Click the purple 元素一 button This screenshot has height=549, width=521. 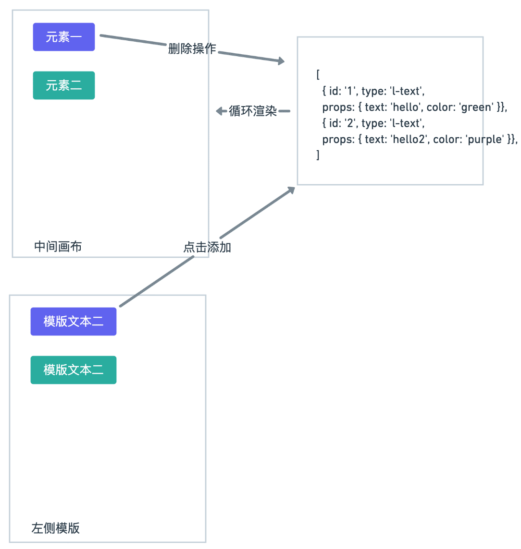64,37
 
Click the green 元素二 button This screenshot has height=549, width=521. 64,85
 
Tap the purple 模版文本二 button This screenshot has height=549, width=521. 74,322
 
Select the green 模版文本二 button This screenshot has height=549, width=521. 74,370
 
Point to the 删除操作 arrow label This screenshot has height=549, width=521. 192,48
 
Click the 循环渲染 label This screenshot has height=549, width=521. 253,111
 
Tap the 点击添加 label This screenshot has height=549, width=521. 207,247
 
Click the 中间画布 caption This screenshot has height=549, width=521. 58,247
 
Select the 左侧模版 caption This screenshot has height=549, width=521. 56,528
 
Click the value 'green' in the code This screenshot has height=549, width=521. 476,107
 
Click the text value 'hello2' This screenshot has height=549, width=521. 409,139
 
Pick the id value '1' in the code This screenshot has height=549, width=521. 349,91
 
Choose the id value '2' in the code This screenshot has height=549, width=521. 350,123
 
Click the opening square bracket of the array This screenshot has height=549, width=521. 318,75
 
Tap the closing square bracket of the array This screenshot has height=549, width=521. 318,155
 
